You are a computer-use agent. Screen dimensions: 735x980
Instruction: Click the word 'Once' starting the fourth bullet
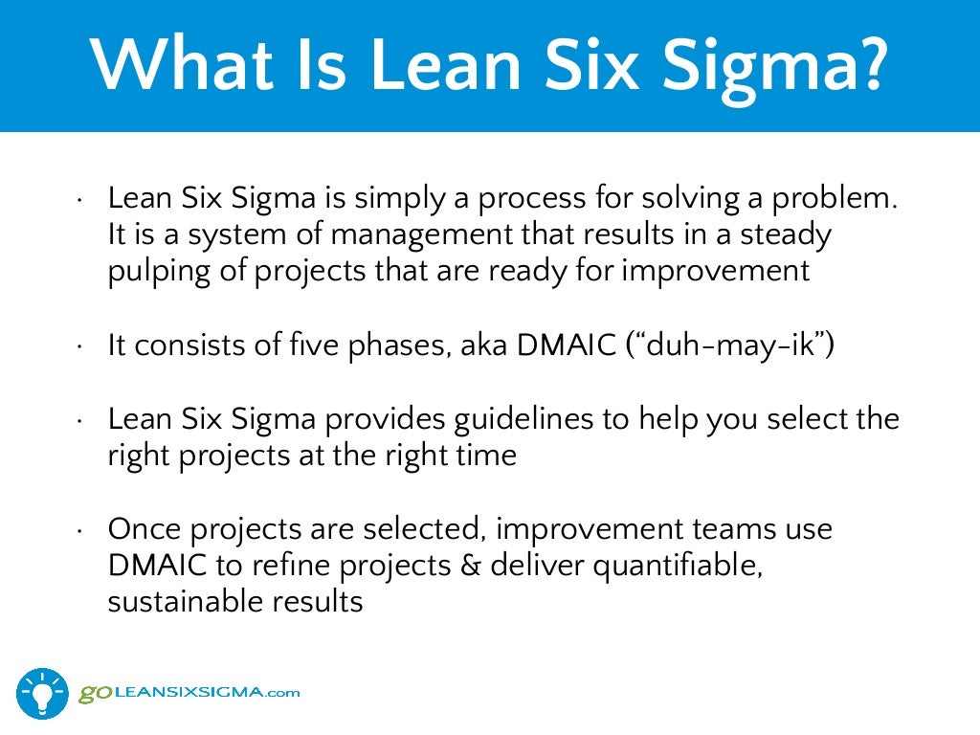coord(141,528)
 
